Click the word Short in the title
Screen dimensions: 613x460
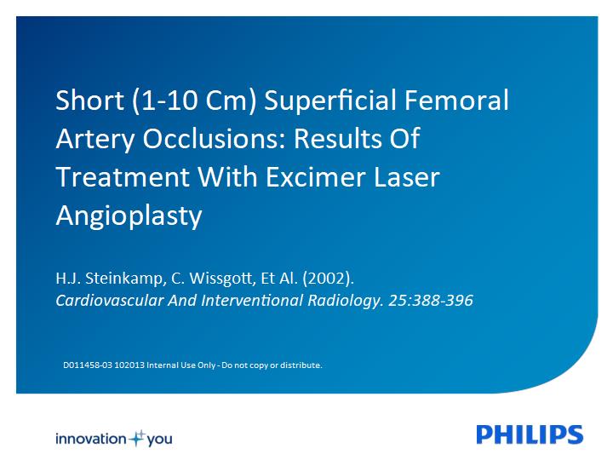(x=90, y=101)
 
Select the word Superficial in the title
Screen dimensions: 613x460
(x=330, y=101)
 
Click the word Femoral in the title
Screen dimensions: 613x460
(x=456, y=101)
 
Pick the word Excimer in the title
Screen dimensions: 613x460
(x=316, y=177)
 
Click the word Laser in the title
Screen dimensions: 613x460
(x=407, y=177)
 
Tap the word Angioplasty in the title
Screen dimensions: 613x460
(x=129, y=216)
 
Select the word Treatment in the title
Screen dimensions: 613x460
(x=123, y=177)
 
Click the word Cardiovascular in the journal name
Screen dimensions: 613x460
(x=110, y=301)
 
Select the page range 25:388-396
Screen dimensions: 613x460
(x=431, y=301)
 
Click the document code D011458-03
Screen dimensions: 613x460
(x=88, y=365)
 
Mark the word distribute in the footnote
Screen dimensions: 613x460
(x=301, y=365)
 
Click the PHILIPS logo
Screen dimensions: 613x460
(x=530, y=434)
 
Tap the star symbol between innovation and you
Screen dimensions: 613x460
(x=137, y=439)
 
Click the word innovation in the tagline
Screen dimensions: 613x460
(x=91, y=439)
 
